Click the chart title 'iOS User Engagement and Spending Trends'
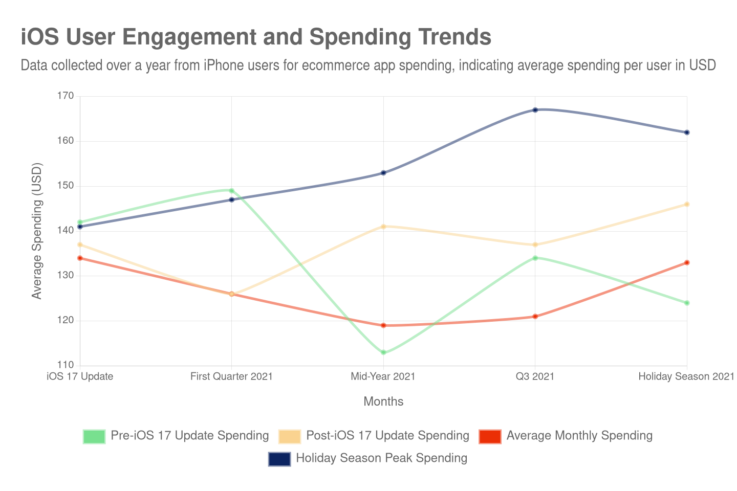pyautogui.click(x=256, y=37)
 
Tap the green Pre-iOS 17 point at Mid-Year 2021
pyautogui.click(x=383, y=353)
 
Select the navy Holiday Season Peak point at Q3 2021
pyautogui.click(x=535, y=110)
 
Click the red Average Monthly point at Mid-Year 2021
pyautogui.click(x=383, y=325)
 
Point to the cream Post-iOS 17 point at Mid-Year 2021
pyautogui.click(x=383, y=226)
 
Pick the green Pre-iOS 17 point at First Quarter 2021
pyautogui.click(x=232, y=191)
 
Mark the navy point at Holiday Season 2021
pyautogui.click(x=687, y=132)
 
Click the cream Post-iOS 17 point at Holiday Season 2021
pyautogui.click(x=687, y=205)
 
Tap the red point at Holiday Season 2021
pyautogui.click(x=687, y=263)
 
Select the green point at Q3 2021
pyautogui.click(x=535, y=258)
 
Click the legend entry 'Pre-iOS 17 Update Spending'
pyautogui.click(x=190, y=436)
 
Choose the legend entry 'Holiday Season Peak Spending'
pyautogui.click(x=381, y=458)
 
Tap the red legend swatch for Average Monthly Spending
pyautogui.click(x=490, y=436)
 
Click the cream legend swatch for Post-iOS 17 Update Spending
pyautogui.click(x=290, y=436)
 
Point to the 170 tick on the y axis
pyautogui.click(x=66, y=96)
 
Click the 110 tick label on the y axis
pyautogui.click(x=66, y=365)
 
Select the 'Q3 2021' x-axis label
pyautogui.click(x=535, y=376)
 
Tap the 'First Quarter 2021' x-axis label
pyautogui.click(x=231, y=376)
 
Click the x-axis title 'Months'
pyautogui.click(x=383, y=401)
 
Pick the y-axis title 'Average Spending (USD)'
pyautogui.click(x=36, y=231)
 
